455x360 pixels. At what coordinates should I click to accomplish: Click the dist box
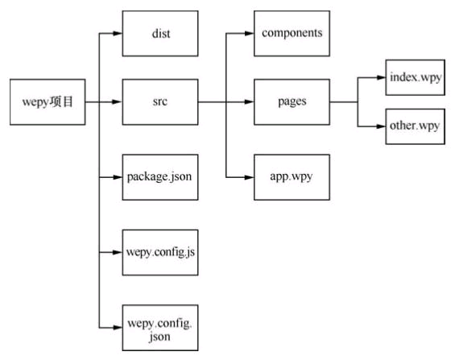pyautogui.click(x=160, y=34)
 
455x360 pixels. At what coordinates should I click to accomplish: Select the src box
pyautogui.click(x=160, y=101)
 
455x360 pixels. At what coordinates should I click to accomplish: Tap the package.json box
pyautogui.click(x=160, y=177)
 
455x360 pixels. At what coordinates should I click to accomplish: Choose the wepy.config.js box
pyautogui.click(x=160, y=252)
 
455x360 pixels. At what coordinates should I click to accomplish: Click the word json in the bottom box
pyautogui.click(x=159, y=337)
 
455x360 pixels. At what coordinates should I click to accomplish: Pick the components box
pyautogui.click(x=292, y=34)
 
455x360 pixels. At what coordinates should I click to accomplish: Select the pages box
pyautogui.click(x=292, y=101)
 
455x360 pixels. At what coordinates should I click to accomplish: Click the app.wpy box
pyautogui.click(x=292, y=177)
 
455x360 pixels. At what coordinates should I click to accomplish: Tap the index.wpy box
pyautogui.click(x=416, y=77)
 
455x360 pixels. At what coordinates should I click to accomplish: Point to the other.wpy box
pyautogui.click(x=416, y=126)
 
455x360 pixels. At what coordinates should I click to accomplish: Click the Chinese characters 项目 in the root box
pyautogui.click(x=61, y=101)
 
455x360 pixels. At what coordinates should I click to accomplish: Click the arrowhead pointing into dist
pyautogui.click(x=118, y=34)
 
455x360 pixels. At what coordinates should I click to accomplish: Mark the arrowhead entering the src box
pyautogui.click(x=118, y=101)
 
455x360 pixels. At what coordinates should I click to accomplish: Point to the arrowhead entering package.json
pyautogui.click(x=118, y=177)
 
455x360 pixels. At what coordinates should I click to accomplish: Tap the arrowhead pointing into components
pyautogui.click(x=250, y=34)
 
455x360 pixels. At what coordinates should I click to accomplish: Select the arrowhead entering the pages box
pyautogui.click(x=250, y=101)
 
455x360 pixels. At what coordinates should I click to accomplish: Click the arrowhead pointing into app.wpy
pyautogui.click(x=250, y=177)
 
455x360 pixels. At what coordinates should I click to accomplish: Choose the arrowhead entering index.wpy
pyautogui.click(x=381, y=77)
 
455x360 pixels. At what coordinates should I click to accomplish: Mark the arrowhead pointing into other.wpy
pyautogui.click(x=381, y=126)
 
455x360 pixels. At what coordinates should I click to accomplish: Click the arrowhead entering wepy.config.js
pyautogui.click(x=118, y=252)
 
